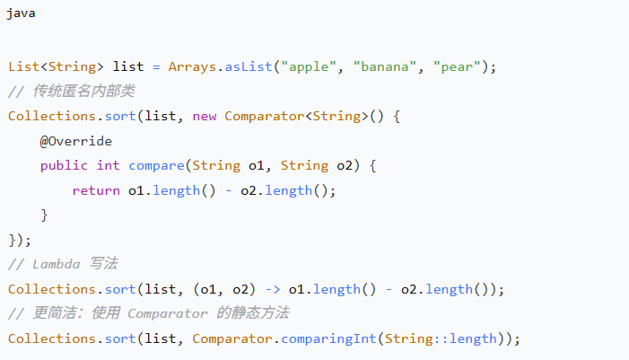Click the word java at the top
coord(22,15)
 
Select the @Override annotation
coord(75,141)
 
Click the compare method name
coord(156,165)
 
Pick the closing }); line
coord(19,240)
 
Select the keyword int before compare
coord(108,165)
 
